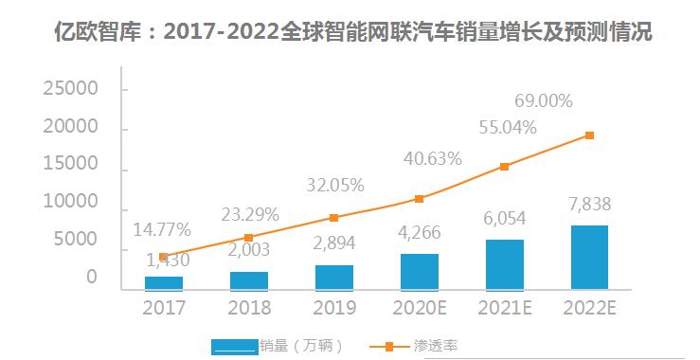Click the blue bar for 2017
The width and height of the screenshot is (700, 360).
pos(163,282)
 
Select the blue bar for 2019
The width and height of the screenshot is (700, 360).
pos(333,277)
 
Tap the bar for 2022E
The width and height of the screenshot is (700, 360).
pos(589,257)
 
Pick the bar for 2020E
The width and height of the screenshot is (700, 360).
pos(419,271)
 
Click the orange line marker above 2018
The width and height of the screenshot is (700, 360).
pos(248,238)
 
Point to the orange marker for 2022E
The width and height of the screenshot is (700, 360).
pos(589,135)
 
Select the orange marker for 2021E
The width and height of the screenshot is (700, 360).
pos(504,167)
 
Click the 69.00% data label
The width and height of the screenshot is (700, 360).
pos(555,99)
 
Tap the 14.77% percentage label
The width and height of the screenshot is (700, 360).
pos(162,229)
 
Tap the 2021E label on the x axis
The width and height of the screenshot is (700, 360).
pos(504,308)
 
